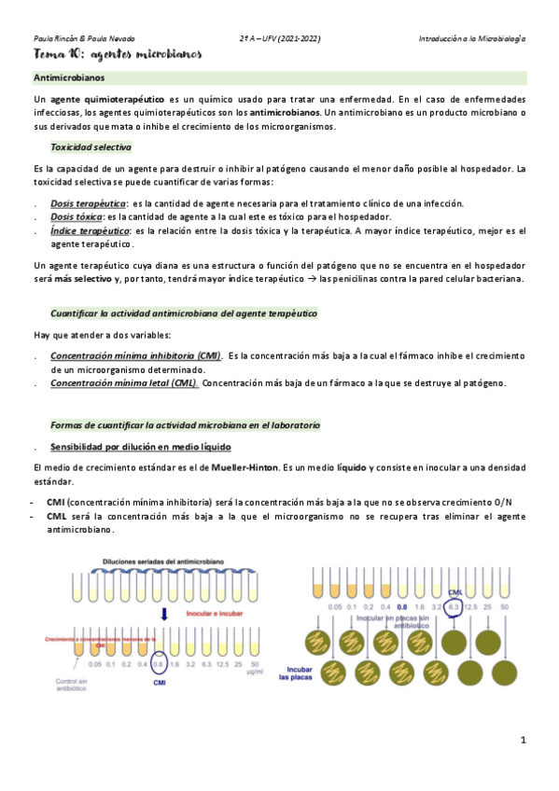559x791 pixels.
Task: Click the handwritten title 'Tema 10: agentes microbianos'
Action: pyautogui.click(x=118, y=56)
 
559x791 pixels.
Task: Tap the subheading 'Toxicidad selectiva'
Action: pyautogui.click(x=91, y=147)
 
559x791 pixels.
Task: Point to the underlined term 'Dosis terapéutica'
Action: pyautogui.click(x=89, y=203)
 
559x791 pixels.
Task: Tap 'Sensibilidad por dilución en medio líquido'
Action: pyautogui.click(x=134, y=446)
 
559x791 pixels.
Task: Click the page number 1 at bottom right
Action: pyautogui.click(x=524, y=740)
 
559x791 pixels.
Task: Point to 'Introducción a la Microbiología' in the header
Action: pyautogui.click(x=472, y=38)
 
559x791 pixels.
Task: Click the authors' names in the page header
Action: pyautogui.click(x=84, y=38)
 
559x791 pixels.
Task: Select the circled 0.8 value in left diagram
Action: pyautogui.click(x=158, y=664)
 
